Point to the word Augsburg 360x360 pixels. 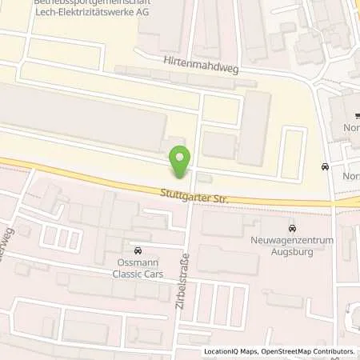click(x=291, y=250)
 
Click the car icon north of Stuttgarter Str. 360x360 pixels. click(x=324, y=167)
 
